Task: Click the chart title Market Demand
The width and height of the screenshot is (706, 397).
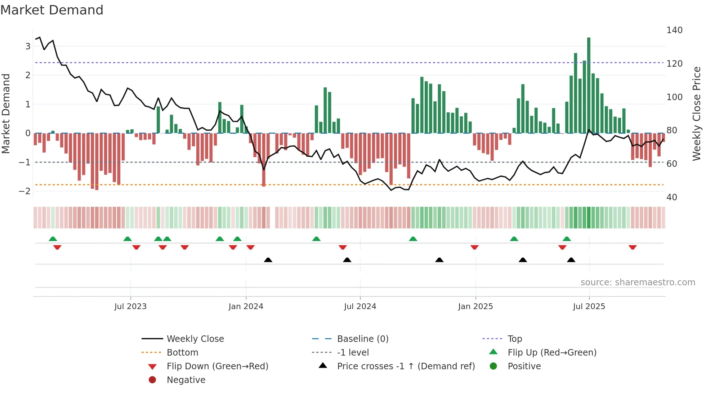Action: [52, 10]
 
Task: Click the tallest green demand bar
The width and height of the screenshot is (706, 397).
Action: [589, 85]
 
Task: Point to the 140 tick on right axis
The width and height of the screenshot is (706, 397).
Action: [674, 30]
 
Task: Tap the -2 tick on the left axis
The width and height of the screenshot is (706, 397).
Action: [24, 191]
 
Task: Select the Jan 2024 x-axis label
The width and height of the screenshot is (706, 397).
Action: [246, 307]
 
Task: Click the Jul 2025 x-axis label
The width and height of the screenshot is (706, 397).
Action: [589, 307]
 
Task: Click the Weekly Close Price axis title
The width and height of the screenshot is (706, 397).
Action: [697, 113]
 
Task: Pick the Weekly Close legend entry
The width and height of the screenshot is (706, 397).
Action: [195, 339]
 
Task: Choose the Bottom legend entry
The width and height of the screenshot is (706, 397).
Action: [182, 353]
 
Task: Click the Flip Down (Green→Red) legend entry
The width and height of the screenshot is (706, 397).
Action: [217, 366]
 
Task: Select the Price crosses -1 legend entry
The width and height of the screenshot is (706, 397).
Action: [406, 366]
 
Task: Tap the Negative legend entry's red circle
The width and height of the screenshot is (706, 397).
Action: [152, 380]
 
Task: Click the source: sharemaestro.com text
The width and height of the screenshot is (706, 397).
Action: [638, 282]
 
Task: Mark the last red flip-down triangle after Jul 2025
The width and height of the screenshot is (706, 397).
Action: [633, 247]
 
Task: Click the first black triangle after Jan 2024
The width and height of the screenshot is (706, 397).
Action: [268, 260]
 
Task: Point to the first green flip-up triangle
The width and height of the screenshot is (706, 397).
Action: [53, 239]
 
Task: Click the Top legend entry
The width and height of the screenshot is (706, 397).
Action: [514, 339]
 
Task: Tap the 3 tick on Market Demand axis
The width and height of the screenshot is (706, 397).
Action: [28, 46]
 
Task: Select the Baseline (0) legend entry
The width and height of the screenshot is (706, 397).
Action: [362, 339]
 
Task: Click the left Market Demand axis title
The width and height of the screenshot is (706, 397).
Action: [6, 113]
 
